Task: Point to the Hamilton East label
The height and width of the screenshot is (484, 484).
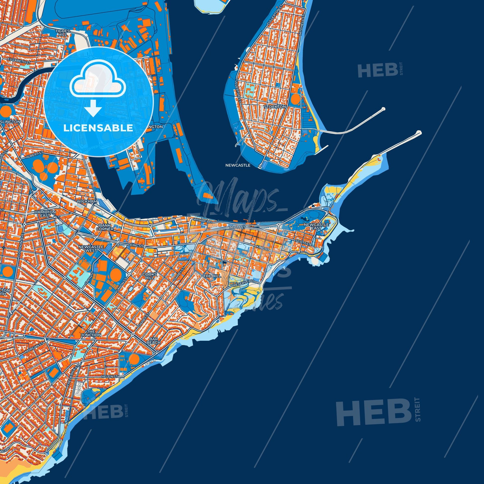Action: point(45,213)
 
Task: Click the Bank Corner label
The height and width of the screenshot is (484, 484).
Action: point(104,227)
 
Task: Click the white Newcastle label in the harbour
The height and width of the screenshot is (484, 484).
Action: point(238,165)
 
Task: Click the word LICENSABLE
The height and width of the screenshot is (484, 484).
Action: point(98,128)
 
